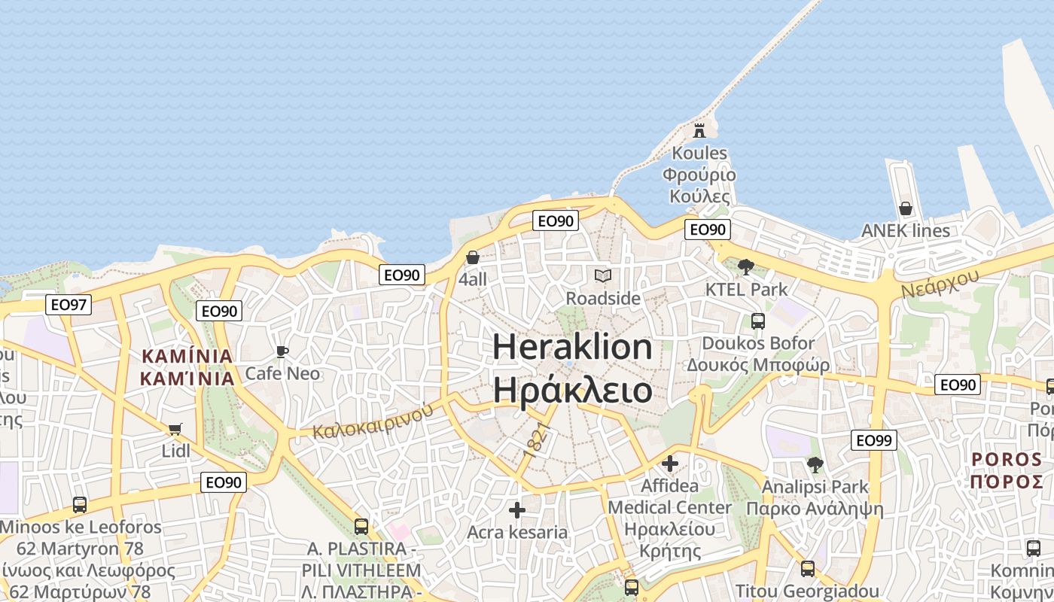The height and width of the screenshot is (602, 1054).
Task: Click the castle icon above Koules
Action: (699, 130)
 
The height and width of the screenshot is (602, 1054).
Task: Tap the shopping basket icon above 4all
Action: (473, 257)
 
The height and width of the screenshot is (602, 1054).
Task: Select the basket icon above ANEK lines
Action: (906, 208)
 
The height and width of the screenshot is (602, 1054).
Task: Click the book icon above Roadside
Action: (602, 276)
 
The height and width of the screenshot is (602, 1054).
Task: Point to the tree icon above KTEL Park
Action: (746, 266)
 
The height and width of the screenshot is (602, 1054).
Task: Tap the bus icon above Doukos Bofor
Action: (757, 321)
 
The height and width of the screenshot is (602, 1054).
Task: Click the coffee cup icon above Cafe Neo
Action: (282, 351)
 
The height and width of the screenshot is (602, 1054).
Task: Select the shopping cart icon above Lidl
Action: (175, 430)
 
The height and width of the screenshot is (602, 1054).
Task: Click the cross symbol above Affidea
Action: (670, 464)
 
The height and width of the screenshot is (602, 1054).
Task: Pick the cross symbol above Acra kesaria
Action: (517, 510)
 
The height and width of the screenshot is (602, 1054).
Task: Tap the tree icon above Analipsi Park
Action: (815, 464)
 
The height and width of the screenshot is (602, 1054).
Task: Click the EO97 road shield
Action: (68, 304)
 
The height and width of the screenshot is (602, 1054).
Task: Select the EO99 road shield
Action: (873, 440)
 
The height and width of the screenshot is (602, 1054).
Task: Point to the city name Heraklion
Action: (572, 347)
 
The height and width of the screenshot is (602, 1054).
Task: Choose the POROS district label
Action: (1006, 459)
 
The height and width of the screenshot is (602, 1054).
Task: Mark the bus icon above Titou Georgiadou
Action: (808, 568)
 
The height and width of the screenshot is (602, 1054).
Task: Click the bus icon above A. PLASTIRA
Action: (361, 526)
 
